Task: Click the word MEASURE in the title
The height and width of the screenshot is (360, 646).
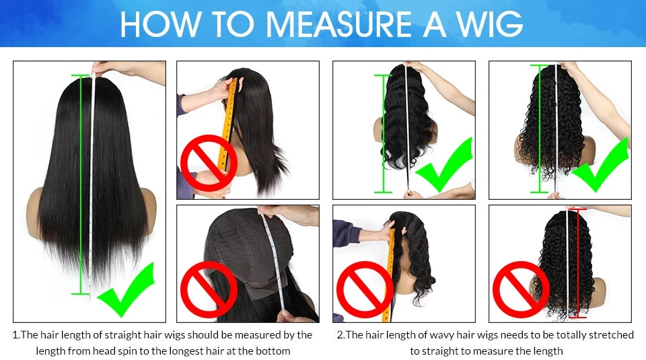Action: pyautogui.click(x=338, y=24)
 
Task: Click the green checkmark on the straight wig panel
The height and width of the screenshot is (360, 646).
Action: pyautogui.click(x=126, y=291)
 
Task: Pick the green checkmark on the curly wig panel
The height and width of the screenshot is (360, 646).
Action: pyautogui.click(x=600, y=166)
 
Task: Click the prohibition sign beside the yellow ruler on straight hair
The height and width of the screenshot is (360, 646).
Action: pyautogui.click(x=209, y=163)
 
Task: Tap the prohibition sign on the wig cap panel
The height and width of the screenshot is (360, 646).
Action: pyautogui.click(x=209, y=289)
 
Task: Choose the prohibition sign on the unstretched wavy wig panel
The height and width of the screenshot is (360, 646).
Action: pyautogui.click(x=365, y=289)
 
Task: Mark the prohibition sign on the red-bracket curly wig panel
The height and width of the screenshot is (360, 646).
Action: pyautogui.click(x=521, y=289)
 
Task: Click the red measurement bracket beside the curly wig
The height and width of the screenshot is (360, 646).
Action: pyautogui.click(x=578, y=264)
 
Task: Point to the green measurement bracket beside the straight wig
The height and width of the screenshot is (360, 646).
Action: pyautogui.click(x=81, y=184)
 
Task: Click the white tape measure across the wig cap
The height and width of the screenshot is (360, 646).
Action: pyautogui.click(x=274, y=264)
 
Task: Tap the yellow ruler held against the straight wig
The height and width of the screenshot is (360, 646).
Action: pyautogui.click(x=229, y=124)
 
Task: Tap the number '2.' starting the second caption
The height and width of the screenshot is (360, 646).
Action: pyautogui.click(x=340, y=335)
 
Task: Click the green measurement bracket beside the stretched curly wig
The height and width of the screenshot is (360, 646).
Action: pyautogui.click(x=539, y=129)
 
